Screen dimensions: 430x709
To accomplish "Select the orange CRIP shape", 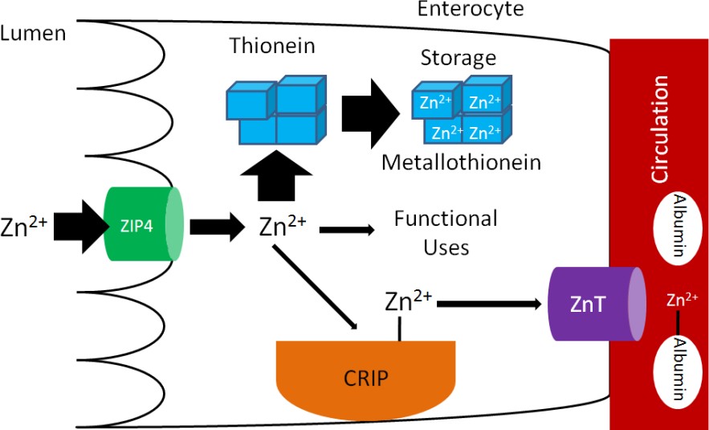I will pyautogui.click(x=360, y=378).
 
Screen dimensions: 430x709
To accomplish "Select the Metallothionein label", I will pyautogui.click(x=461, y=162).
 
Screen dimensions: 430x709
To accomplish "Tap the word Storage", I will pyautogui.click(x=458, y=59).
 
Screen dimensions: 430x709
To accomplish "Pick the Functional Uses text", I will pyautogui.click(x=446, y=232).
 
